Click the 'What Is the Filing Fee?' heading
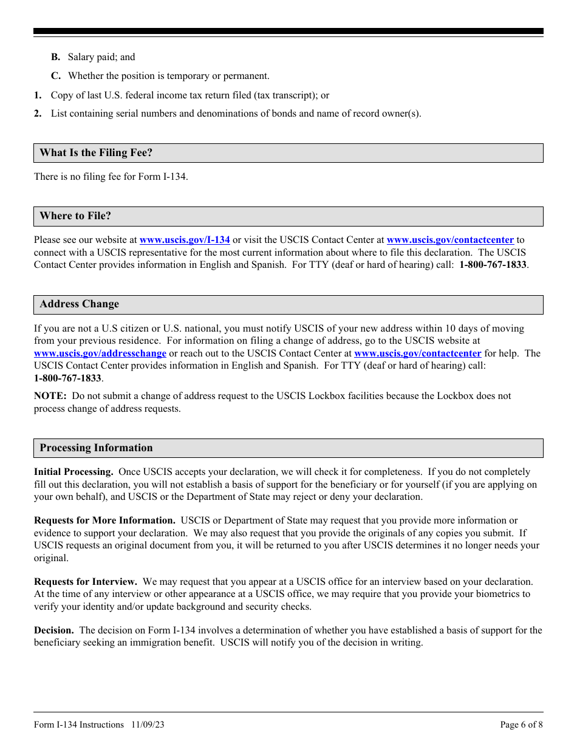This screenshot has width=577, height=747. pyautogui.click(x=96, y=153)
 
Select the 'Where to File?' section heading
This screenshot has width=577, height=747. pyautogui.click(x=75, y=216)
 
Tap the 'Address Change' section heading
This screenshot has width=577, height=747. pyautogui.click(x=80, y=304)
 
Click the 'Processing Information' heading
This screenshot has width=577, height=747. pyautogui.click(x=96, y=448)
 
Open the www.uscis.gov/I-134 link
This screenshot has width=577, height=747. pyautogui.click(x=185, y=240)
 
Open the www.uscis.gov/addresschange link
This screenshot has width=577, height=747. pyautogui.click(x=100, y=353)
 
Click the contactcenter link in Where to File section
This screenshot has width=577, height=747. pyautogui.click(x=450, y=240)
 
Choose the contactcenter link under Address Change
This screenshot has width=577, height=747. pyautogui.click(x=417, y=353)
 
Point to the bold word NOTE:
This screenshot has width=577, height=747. pyautogui.click(x=50, y=396)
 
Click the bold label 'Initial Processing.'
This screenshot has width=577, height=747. pyautogui.click(x=73, y=472)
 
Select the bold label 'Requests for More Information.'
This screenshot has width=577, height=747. pyautogui.click(x=104, y=520)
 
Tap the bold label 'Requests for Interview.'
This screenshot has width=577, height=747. pyautogui.click(x=86, y=582)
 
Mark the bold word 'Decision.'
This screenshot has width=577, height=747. pyautogui.click(x=54, y=630)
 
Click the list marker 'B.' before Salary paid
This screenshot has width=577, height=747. pyautogui.click(x=56, y=57)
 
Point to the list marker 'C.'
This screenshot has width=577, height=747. pyautogui.click(x=56, y=76)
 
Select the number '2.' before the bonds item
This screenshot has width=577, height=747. pyautogui.click(x=38, y=114)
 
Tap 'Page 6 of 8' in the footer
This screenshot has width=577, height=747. pyautogui.click(x=521, y=725)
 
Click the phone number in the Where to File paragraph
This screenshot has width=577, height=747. pyautogui.click(x=493, y=265)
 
